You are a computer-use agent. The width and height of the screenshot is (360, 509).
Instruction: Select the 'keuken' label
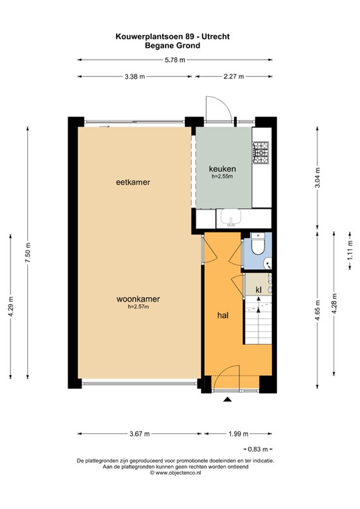pos(222,168)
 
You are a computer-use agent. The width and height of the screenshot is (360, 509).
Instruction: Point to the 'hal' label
pos(223,315)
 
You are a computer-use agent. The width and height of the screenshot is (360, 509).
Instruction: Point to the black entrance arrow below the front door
pos(227,399)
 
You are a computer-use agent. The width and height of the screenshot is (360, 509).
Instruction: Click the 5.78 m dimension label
pos(174,60)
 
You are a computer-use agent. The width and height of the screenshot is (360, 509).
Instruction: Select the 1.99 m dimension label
pos(237,434)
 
